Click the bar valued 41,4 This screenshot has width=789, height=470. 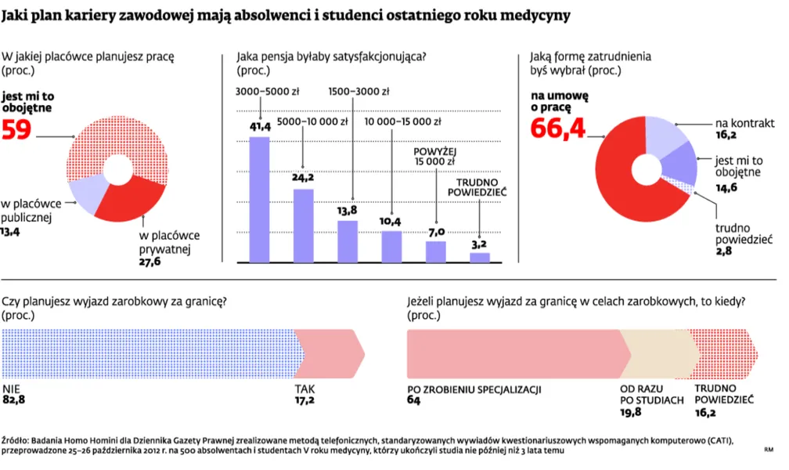258,200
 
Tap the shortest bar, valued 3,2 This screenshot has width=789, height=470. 479,257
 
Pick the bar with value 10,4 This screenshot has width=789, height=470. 391,246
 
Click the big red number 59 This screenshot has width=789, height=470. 16,130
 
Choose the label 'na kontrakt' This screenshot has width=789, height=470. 744,122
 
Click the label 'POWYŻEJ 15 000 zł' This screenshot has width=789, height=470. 435,157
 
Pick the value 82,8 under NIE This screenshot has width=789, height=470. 15,400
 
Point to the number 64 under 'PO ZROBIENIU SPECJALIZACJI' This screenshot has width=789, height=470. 414,400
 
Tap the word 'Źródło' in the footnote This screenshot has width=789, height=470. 16,440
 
